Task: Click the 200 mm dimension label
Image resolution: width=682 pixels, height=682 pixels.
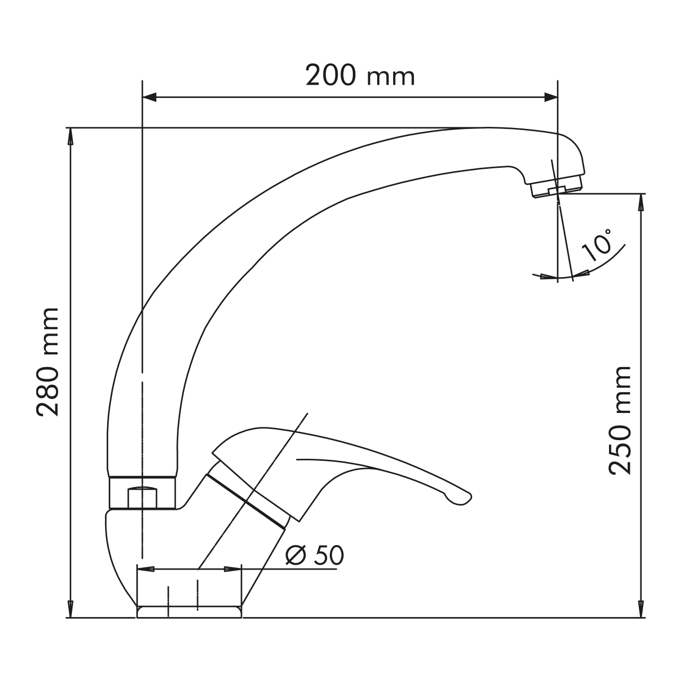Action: coord(360,75)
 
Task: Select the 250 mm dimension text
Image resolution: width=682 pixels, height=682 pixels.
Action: coord(620,420)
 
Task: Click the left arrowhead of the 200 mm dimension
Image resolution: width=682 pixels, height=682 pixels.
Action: coord(149,97)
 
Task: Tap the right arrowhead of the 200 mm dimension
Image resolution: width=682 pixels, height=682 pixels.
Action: coord(551,97)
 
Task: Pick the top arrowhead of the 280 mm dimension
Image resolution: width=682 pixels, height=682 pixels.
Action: coord(70,136)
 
